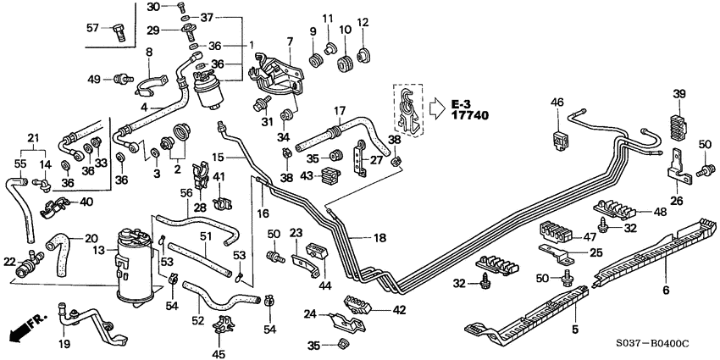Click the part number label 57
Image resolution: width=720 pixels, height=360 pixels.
[x=94, y=27]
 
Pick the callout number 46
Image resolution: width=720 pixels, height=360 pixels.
[x=557, y=102]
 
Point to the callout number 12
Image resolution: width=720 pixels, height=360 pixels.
[x=363, y=21]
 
